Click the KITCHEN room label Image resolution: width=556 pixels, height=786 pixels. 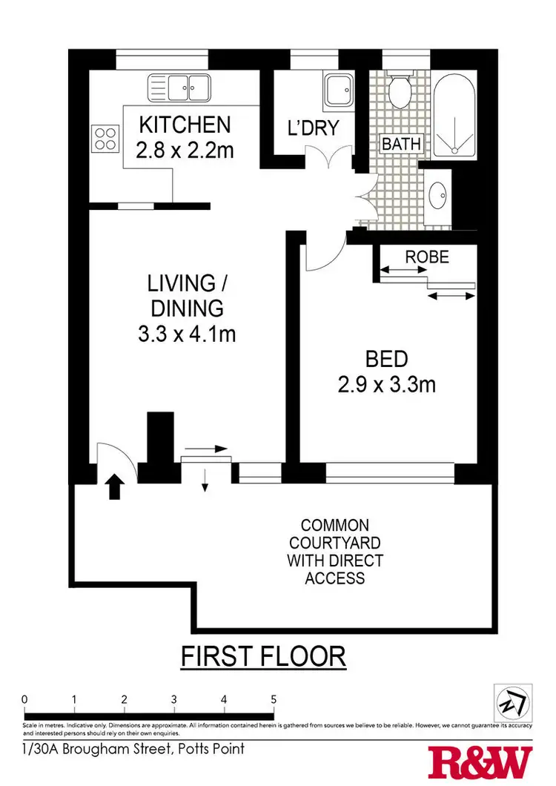(x=185, y=124)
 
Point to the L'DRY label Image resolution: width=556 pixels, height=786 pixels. (x=312, y=128)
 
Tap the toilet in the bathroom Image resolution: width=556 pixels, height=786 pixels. (x=401, y=90)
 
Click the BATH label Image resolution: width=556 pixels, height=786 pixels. (x=401, y=143)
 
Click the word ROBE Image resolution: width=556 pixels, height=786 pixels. (x=427, y=257)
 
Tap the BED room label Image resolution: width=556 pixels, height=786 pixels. (x=386, y=360)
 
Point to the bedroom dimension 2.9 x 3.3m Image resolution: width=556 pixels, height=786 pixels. (x=386, y=385)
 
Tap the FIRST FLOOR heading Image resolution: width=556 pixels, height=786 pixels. (x=264, y=656)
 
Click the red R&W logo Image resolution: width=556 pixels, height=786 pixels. (x=481, y=762)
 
